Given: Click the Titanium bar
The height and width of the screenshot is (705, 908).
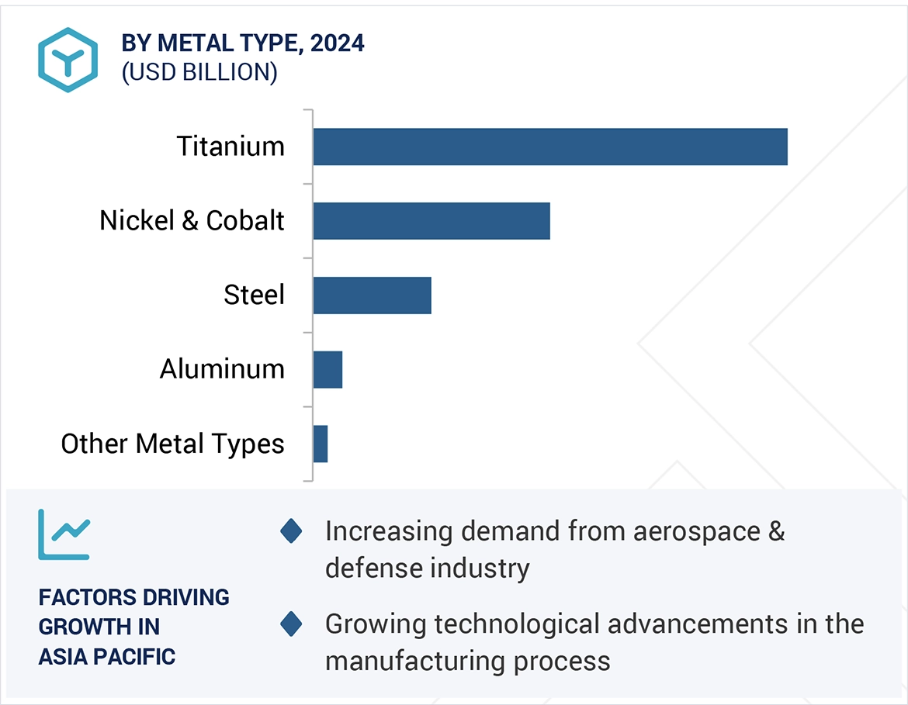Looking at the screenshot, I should coord(550,147).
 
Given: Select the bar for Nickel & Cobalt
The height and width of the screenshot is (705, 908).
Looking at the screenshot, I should coord(431,221).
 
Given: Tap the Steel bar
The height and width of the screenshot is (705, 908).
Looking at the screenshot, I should coord(372,295).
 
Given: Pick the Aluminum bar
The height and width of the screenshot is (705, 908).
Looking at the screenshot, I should coord(328,369).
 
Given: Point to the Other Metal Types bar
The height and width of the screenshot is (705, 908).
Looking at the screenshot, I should coord(321,444).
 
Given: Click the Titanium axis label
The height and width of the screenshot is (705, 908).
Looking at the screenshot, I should coord(230,147).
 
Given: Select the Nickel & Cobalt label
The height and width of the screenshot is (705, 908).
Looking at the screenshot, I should coord(192,221).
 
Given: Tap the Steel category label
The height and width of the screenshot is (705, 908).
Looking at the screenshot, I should coord(254,295).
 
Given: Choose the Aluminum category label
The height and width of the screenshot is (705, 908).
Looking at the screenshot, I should coord(222,369).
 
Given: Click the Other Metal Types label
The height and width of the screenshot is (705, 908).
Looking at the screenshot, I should coord(172,444).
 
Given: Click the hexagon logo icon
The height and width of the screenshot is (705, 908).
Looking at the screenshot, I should coord(68,60).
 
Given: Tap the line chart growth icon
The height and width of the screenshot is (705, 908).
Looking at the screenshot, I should coord(64,534).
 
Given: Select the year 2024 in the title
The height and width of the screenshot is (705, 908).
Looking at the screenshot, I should coord(337,43).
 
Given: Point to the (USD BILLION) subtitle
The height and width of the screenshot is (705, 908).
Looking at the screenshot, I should coord(199,72).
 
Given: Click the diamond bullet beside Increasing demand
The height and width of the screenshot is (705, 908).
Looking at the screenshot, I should coord(291,531).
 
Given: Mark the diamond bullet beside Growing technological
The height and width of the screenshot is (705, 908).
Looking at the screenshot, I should coord(291,624).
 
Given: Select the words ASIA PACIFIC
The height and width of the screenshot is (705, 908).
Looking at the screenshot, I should coord(107,656).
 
